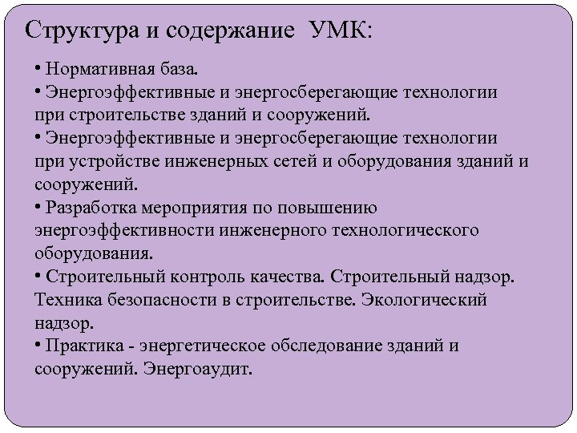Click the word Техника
[x=67, y=301]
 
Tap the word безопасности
[x=159, y=301]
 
